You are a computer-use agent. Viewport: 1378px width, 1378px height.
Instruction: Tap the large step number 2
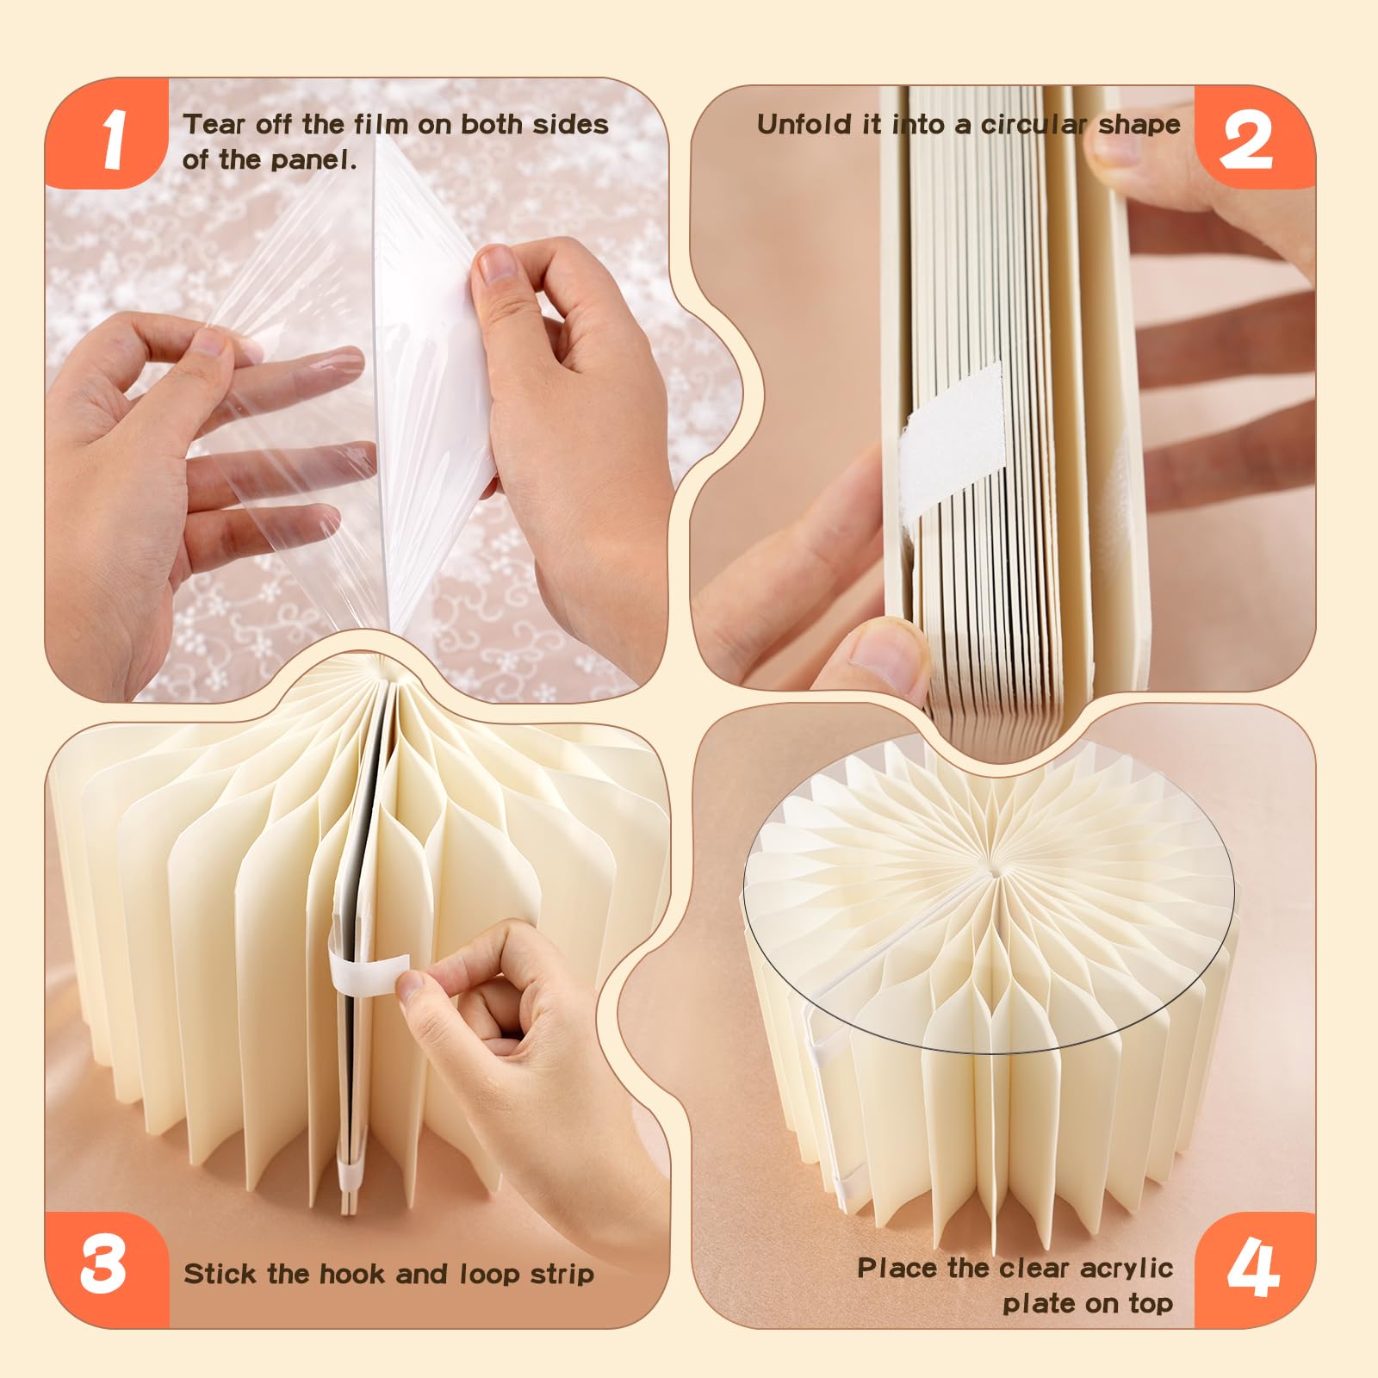(1246, 140)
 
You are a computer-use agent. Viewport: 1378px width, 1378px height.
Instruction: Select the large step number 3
(103, 1265)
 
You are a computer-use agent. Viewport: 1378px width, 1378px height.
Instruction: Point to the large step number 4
(1254, 1267)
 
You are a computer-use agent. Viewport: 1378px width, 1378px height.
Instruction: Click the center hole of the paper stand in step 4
(996, 872)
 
